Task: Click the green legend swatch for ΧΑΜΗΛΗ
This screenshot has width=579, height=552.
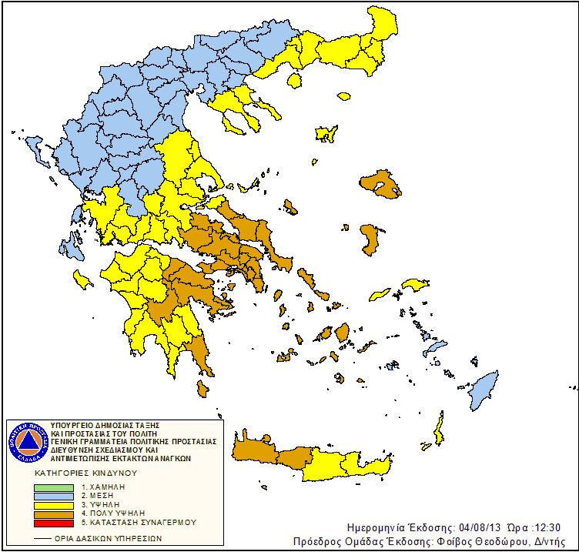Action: pos(55,488)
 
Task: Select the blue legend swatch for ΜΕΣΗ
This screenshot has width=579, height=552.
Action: pos(55,497)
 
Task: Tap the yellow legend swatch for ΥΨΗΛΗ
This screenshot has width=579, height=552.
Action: pos(55,505)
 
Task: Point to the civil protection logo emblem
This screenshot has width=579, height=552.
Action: pos(28,441)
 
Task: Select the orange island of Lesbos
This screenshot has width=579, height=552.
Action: pos(382,184)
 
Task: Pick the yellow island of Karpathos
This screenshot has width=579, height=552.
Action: pos(439,428)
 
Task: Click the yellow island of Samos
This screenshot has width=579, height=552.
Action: pos(414,286)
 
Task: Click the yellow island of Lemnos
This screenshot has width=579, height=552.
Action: pos(327,133)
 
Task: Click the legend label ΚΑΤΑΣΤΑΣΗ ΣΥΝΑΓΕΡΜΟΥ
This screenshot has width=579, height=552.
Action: pos(139,522)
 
